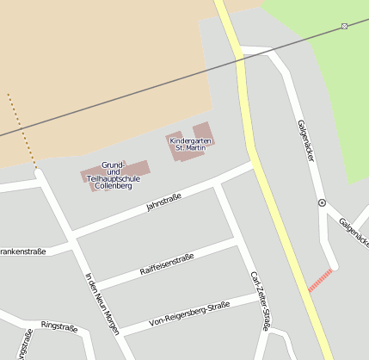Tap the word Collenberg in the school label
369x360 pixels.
(x=113, y=185)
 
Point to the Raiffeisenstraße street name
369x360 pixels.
(x=167, y=264)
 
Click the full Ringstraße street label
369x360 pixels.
(x=59, y=327)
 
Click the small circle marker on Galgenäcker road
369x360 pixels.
(x=322, y=202)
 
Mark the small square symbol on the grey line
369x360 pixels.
(x=344, y=26)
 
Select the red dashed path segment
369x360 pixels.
(x=320, y=280)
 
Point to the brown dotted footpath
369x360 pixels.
(x=22, y=129)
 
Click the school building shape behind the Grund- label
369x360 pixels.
(x=138, y=167)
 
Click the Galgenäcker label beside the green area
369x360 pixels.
(x=306, y=142)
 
